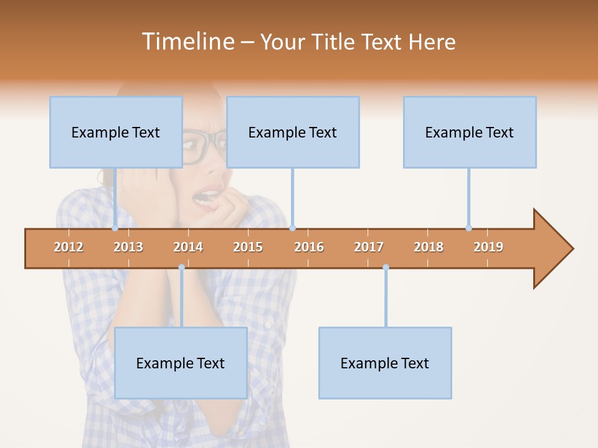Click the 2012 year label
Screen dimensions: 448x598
(x=69, y=247)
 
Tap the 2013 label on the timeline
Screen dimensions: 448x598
(x=128, y=247)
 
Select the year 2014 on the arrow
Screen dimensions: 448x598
(x=188, y=247)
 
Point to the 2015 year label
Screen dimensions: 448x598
(x=248, y=247)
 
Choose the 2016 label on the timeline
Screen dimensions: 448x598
(x=309, y=247)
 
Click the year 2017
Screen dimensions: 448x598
(x=369, y=247)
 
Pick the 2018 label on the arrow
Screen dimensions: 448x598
(x=429, y=247)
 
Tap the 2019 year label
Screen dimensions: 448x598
(x=488, y=247)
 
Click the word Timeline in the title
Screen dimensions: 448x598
(x=186, y=42)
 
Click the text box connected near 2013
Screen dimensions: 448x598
(x=116, y=132)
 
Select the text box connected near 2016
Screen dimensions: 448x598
(x=293, y=132)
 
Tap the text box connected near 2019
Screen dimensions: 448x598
(x=470, y=132)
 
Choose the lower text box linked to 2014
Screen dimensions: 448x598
(x=181, y=363)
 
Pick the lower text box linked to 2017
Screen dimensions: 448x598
(x=385, y=363)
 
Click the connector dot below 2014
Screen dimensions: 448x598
(x=181, y=267)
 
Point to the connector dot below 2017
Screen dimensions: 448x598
(x=386, y=267)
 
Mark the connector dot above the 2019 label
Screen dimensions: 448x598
(x=468, y=228)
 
